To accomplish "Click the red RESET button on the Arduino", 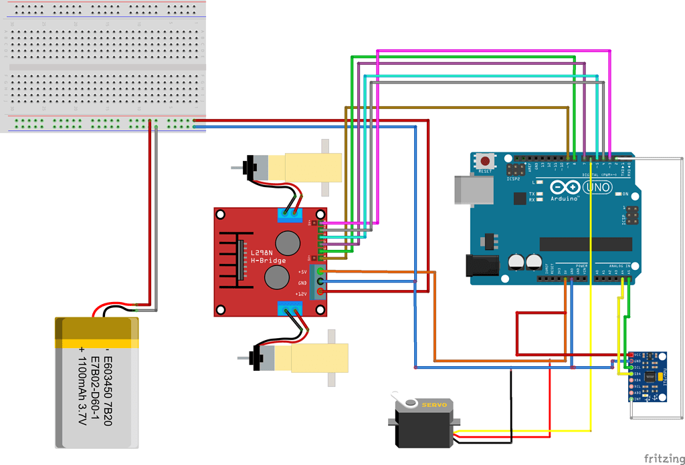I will [x=485, y=161].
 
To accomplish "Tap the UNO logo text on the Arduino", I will [x=597, y=188].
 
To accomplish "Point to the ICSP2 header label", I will [x=513, y=178].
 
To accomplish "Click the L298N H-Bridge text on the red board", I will [x=258, y=256].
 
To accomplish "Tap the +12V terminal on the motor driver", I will [x=320, y=292].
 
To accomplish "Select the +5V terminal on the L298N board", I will [x=320, y=271].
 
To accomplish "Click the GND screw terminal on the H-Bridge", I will [x=320, y=282].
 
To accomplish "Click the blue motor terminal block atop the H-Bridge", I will [x=290, y=214].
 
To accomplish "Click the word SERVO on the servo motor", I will [x=432, y=405].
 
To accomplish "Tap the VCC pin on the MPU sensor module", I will [x=631, y=355].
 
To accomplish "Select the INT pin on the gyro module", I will [x=631, y=399].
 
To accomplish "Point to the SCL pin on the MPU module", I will [x=631, y=367].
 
